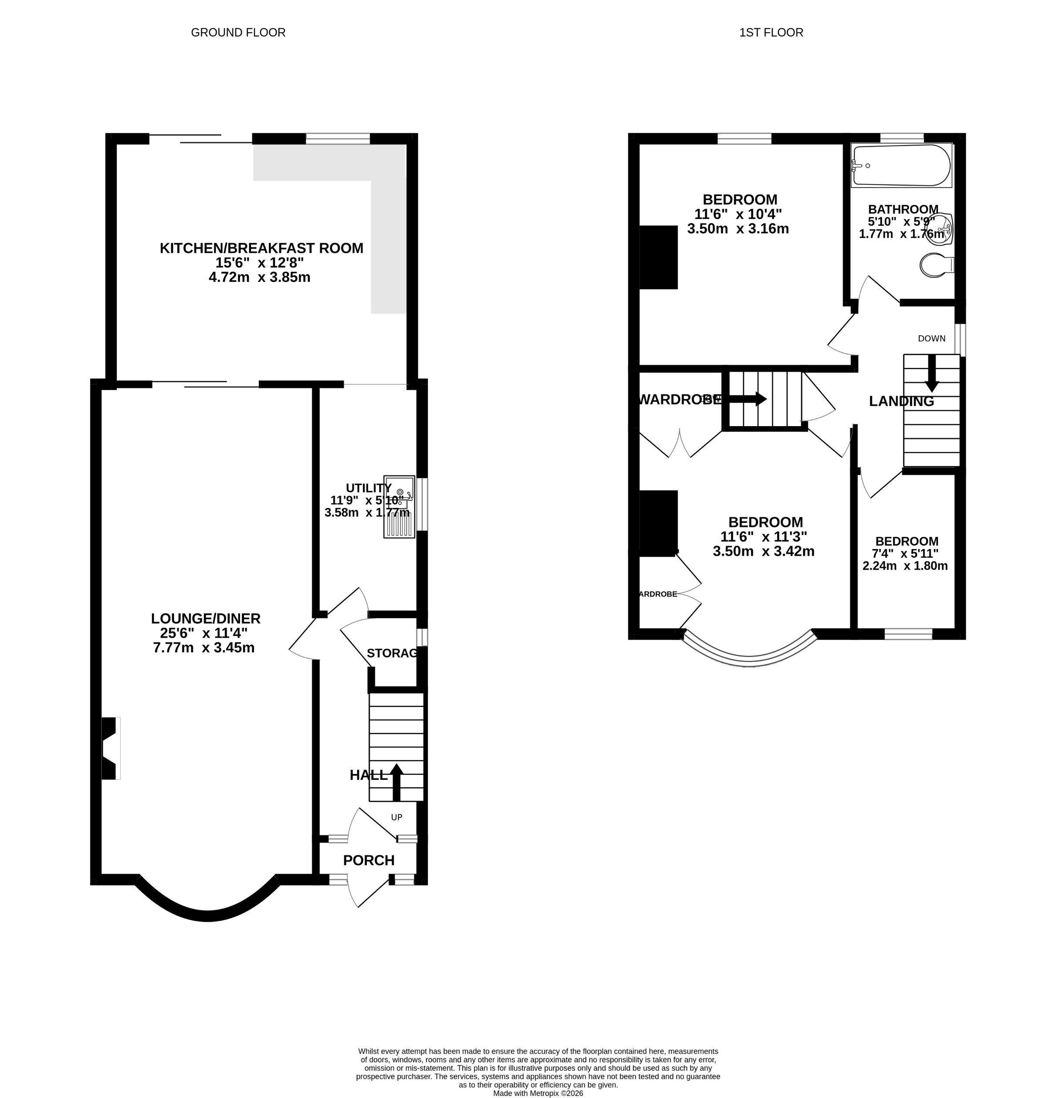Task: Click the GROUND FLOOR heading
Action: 238,33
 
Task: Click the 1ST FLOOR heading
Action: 771,33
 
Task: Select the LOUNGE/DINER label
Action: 206,618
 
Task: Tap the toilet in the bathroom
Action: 936,264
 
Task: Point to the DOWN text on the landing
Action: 931,339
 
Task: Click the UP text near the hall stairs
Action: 396,817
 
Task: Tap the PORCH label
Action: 369,860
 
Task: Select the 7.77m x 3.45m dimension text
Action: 203,648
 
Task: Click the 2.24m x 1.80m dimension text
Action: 905,566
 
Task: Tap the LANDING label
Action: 901,401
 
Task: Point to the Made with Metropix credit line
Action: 538,1093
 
